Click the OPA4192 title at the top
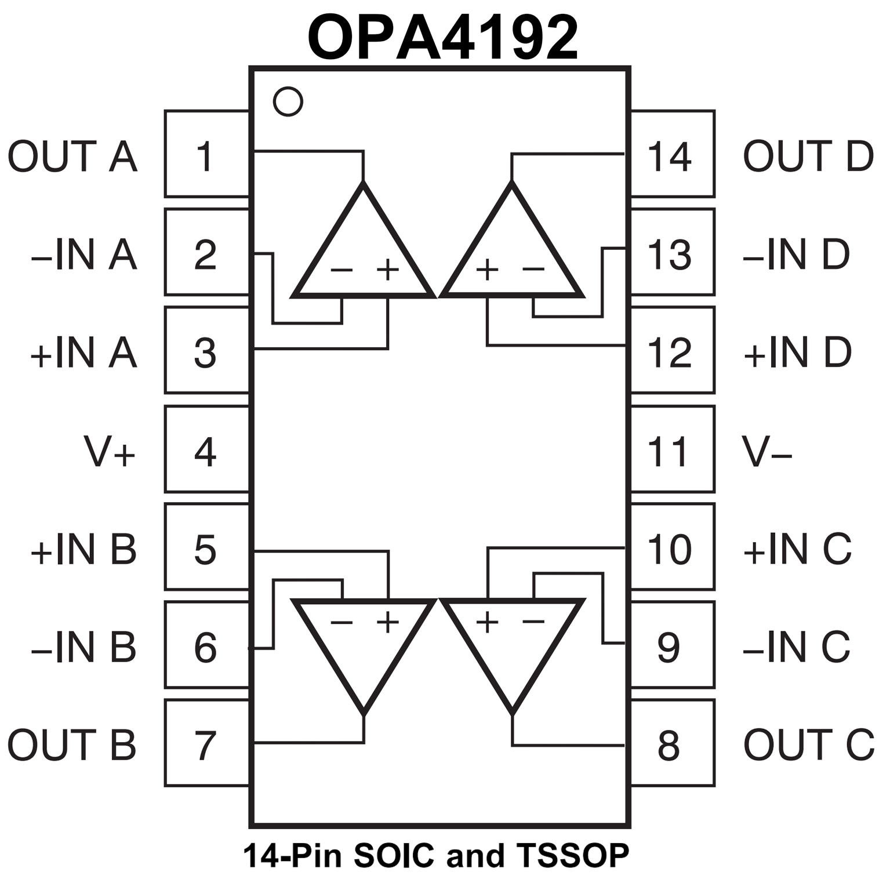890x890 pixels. (x=443, y=38)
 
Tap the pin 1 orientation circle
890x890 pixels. (x=288, y=101)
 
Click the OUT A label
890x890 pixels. (x=72, y=157)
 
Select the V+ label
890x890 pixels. (x=110, y=452)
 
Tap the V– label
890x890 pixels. (x=767, y=452)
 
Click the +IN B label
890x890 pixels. (x=83, y=549)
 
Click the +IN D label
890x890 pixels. (x=797, y=352)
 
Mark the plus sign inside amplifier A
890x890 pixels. (x=388, y=269)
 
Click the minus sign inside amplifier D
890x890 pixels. (x=533, y=268)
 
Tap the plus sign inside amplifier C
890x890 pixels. (x=488, y=622)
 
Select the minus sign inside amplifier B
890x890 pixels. (x=342, y=622)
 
